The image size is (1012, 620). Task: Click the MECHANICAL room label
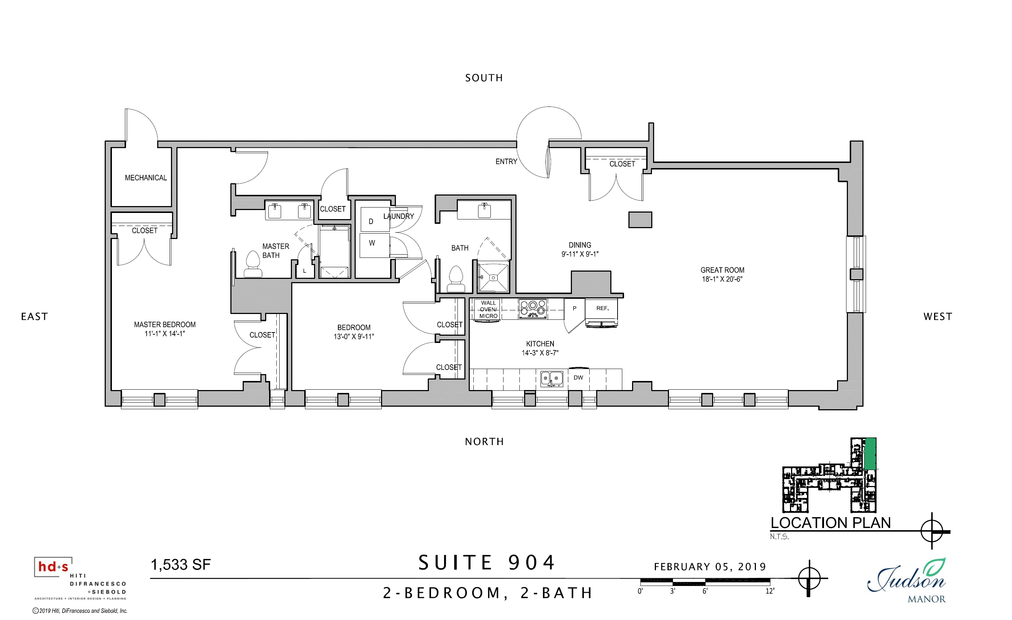coord(146,178)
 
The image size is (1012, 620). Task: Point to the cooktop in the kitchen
coord(533,309)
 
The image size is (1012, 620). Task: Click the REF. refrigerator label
coord(602,308)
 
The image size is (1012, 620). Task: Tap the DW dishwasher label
coord(578,378)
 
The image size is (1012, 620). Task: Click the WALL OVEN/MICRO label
coord(488,310)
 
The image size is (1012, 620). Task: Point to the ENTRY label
coord(506,162)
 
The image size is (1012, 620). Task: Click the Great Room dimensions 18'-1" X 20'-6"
coord(722,279)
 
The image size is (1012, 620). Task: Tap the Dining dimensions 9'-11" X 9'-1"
coord(580,254)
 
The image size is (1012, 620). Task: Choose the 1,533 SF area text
coord(181,565)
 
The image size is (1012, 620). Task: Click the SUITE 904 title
coord(487,563)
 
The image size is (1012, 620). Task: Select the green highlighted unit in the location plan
coord(870,454)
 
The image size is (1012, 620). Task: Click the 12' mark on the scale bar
coord(770,591)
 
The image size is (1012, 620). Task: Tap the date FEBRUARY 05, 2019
coord(710,567)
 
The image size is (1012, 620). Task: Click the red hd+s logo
coord(53,567)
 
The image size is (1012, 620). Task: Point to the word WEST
coord(938,317)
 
